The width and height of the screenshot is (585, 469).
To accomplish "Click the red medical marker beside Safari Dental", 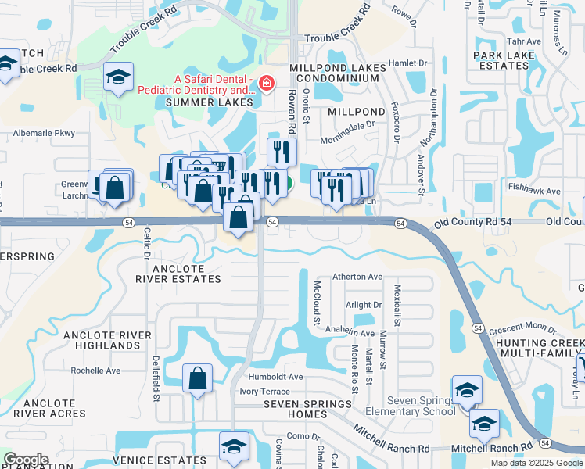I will [267, 83].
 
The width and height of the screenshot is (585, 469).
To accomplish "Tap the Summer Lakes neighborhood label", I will [209, 102].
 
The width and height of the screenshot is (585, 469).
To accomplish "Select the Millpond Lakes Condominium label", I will [337, 73].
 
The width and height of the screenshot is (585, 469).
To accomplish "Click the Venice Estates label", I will [159, 461].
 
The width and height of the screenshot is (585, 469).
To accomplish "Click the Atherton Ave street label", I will [357, 277].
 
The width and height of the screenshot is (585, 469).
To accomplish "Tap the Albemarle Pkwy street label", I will [44, 134].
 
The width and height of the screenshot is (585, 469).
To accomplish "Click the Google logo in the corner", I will [26, 460].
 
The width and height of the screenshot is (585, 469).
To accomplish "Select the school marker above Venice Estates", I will [233, 446].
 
